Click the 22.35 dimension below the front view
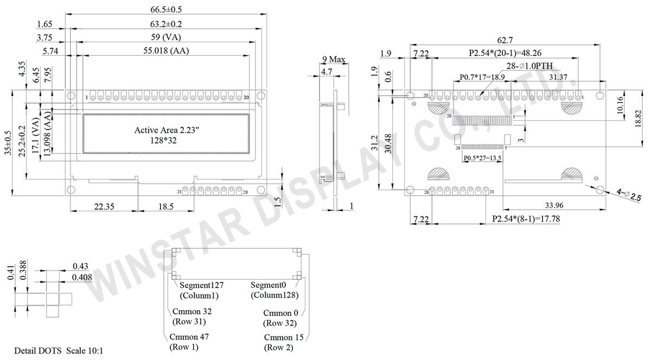click(x=104, y=207)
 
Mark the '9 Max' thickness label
click(x=334, y=59)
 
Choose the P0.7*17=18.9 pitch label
click(x=482, y=78)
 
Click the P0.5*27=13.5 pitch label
click(x=482, y=158)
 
